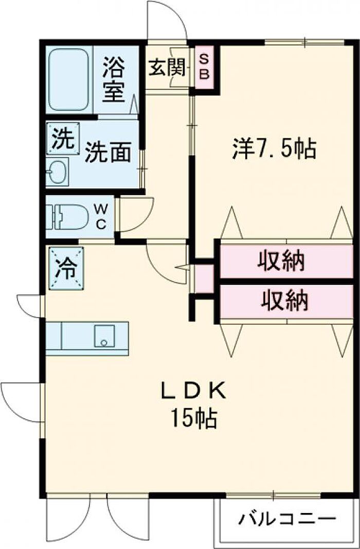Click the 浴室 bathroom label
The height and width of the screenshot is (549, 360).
click(114, 80)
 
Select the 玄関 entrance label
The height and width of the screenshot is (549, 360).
click(167, 67)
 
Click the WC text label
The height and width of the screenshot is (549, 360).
click(101, 217)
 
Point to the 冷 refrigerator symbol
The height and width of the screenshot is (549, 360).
click(65, 267)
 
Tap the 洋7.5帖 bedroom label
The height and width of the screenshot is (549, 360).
click(273, 149)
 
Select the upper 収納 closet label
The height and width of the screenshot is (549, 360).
click(281, 262)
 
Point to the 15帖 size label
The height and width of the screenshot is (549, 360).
click(193, 419)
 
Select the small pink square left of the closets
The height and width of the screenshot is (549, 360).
click(204, 279)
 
